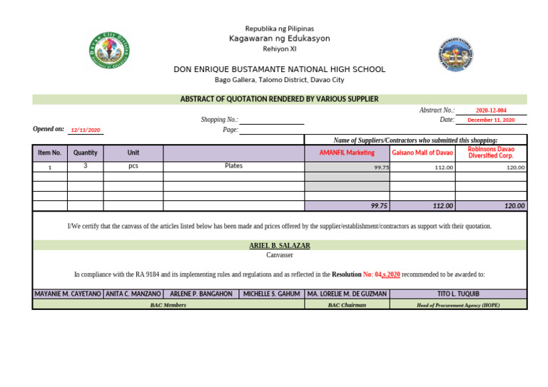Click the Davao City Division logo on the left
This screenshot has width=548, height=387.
pos(109,53)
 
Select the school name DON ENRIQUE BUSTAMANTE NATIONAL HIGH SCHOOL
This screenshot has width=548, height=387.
pos(279,70)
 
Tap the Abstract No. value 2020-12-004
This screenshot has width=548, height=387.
pos(491,110)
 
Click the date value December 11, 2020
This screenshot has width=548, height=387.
pos(491,120)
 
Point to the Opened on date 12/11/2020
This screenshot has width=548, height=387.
pos(86,130)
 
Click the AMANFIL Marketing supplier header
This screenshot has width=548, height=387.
pos(347,153)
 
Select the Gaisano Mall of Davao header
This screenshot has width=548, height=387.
pos(422,153)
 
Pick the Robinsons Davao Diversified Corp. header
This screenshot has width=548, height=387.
pos(491,153)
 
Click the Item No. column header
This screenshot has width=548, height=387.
pos(50,153)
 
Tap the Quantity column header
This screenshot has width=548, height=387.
pos(86,153)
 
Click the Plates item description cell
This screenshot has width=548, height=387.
pos(233,166)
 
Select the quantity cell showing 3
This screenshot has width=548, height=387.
pos(86,166)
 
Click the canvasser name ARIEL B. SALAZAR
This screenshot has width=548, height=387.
pos(279,246)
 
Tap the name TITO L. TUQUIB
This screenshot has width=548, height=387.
pos(458,294)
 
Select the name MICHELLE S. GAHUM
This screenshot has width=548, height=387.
pos(271,294)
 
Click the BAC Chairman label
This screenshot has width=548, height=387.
pos(347,305)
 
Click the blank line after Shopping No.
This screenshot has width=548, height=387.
pos(271,120)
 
